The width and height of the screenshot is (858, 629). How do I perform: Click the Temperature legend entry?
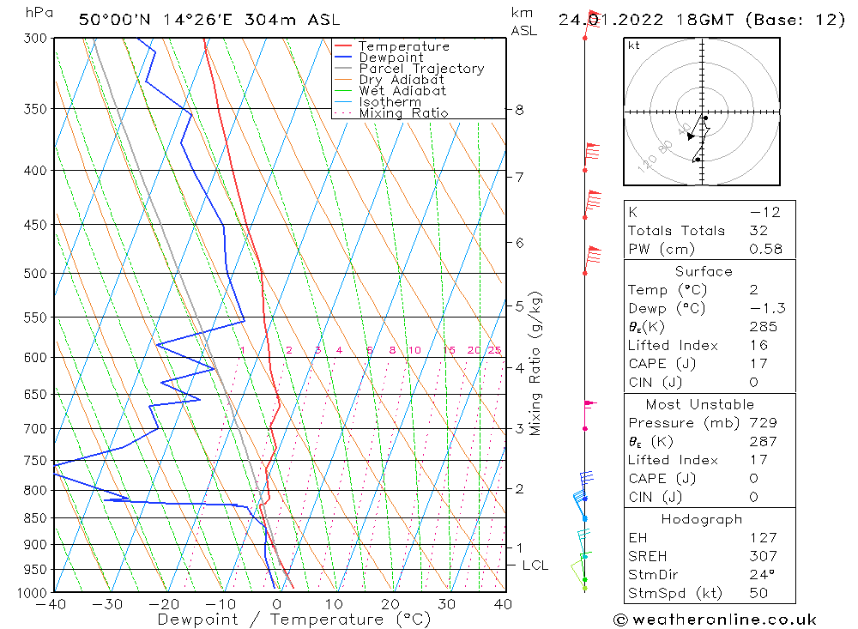point(403,46)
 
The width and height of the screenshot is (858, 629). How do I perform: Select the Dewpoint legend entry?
point(390,57)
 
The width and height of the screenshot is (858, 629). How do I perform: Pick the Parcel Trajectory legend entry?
point(421,69)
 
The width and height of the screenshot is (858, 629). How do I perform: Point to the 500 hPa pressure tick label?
point(35,274)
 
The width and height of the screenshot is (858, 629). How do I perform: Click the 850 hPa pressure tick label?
point(35,518)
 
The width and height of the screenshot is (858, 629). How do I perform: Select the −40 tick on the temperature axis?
point(52,604)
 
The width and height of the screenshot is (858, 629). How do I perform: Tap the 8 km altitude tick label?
point(519,110)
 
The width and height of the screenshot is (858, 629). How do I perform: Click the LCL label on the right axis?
point(535,565)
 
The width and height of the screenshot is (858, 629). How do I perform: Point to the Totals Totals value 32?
point(758,231)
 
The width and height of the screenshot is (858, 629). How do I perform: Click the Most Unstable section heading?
point(700,404)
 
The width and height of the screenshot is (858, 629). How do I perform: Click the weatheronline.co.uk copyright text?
point(715,620)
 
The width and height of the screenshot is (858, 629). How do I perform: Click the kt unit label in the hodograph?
point(634,45)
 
